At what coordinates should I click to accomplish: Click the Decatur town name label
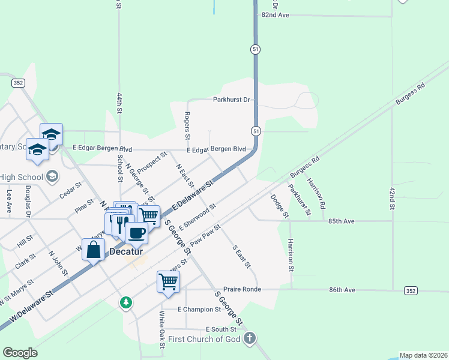pyautogui.click(x=126, y=253)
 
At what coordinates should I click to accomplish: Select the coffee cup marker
pyautogui.click(x=137, y=232)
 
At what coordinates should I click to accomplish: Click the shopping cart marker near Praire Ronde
pyautogui.click(x=169, y=282)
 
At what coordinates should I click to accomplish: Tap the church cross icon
pyautogui.click(x=250, y=339)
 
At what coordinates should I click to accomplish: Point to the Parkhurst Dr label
pyautogui.click(x=235, y=100)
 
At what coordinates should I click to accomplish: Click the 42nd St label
pyautogui.click(x=391, y=198)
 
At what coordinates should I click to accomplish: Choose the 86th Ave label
pyautogui.click(x=342, y=290)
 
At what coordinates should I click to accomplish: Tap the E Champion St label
pyautogui.click(x=199, y=310)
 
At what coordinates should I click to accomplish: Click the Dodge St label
pyautogui.click(x=278, y=204)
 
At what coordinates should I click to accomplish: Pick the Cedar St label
pyautogui.click(x=70, y=191)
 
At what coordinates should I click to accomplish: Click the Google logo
pyautogui.click(x=20, y=353)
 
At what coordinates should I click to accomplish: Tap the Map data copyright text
pyautogui.click(x=423, y=355)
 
